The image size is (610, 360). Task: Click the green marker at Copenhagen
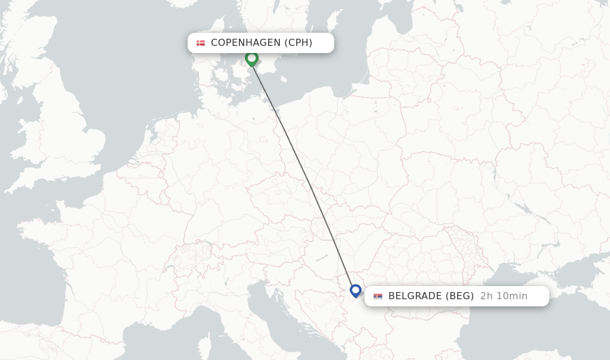tap(251, 58)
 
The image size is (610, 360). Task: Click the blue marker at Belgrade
tap(356, 291)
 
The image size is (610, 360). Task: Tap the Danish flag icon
tap(201, 43)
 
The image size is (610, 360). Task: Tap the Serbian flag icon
tap(378, 296)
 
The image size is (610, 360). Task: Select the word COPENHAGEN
tap(245, 43)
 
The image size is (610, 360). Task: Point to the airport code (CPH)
tap(298, 43)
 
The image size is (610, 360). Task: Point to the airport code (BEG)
tap(460, 296)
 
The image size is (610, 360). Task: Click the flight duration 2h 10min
tap(503, 296)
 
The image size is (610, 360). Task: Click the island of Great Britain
tap(77, 137)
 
